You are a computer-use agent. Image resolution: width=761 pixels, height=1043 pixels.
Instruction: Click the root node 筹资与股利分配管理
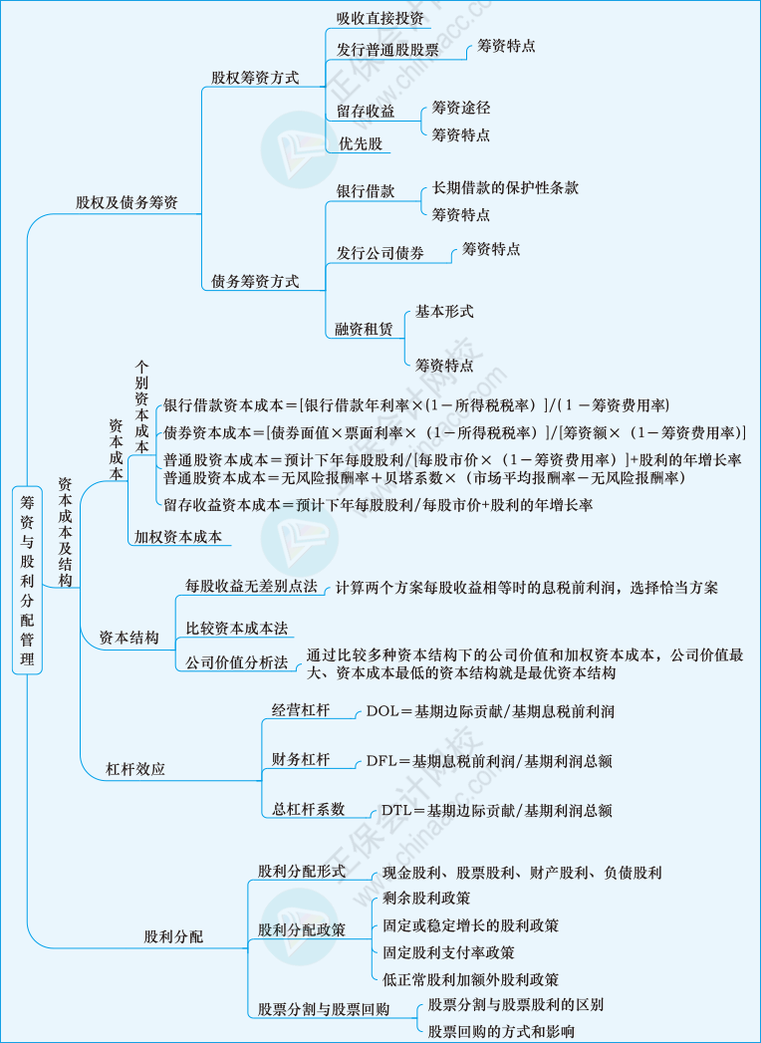coord(27,580)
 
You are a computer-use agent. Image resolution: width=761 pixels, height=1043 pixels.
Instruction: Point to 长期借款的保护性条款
coord(505,187)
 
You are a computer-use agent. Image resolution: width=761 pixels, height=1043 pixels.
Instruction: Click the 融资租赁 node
coord(365,330)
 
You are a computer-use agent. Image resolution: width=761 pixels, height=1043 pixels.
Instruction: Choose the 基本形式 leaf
coord(444,311)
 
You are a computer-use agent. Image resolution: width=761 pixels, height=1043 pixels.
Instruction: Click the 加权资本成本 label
coord(177,536)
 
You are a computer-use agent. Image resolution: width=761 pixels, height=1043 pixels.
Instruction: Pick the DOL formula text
coord(490,711)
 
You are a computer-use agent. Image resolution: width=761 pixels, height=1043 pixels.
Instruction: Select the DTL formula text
coord(497,810)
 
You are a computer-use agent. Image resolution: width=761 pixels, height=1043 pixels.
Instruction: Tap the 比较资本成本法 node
coord(237,628)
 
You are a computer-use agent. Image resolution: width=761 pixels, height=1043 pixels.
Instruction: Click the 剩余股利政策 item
coord(427,898)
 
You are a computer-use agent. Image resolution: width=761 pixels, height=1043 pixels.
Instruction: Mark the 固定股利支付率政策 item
coord(449,952)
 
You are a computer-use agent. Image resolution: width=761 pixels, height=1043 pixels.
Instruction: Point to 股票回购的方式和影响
coord(502,1032)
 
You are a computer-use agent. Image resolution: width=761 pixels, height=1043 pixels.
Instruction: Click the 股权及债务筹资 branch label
coord(127,203)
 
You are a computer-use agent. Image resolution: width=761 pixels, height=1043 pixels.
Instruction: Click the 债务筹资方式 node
coord(255,281)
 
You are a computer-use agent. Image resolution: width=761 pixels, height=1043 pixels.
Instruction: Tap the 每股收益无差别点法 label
coord(251,587)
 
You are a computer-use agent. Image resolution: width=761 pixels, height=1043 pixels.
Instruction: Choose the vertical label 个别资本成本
coord(141,407)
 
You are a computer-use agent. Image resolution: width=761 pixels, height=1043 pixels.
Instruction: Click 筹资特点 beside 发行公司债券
coord(491,250)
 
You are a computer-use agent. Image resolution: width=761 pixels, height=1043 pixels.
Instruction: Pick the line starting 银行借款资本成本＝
coord(416,405)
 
